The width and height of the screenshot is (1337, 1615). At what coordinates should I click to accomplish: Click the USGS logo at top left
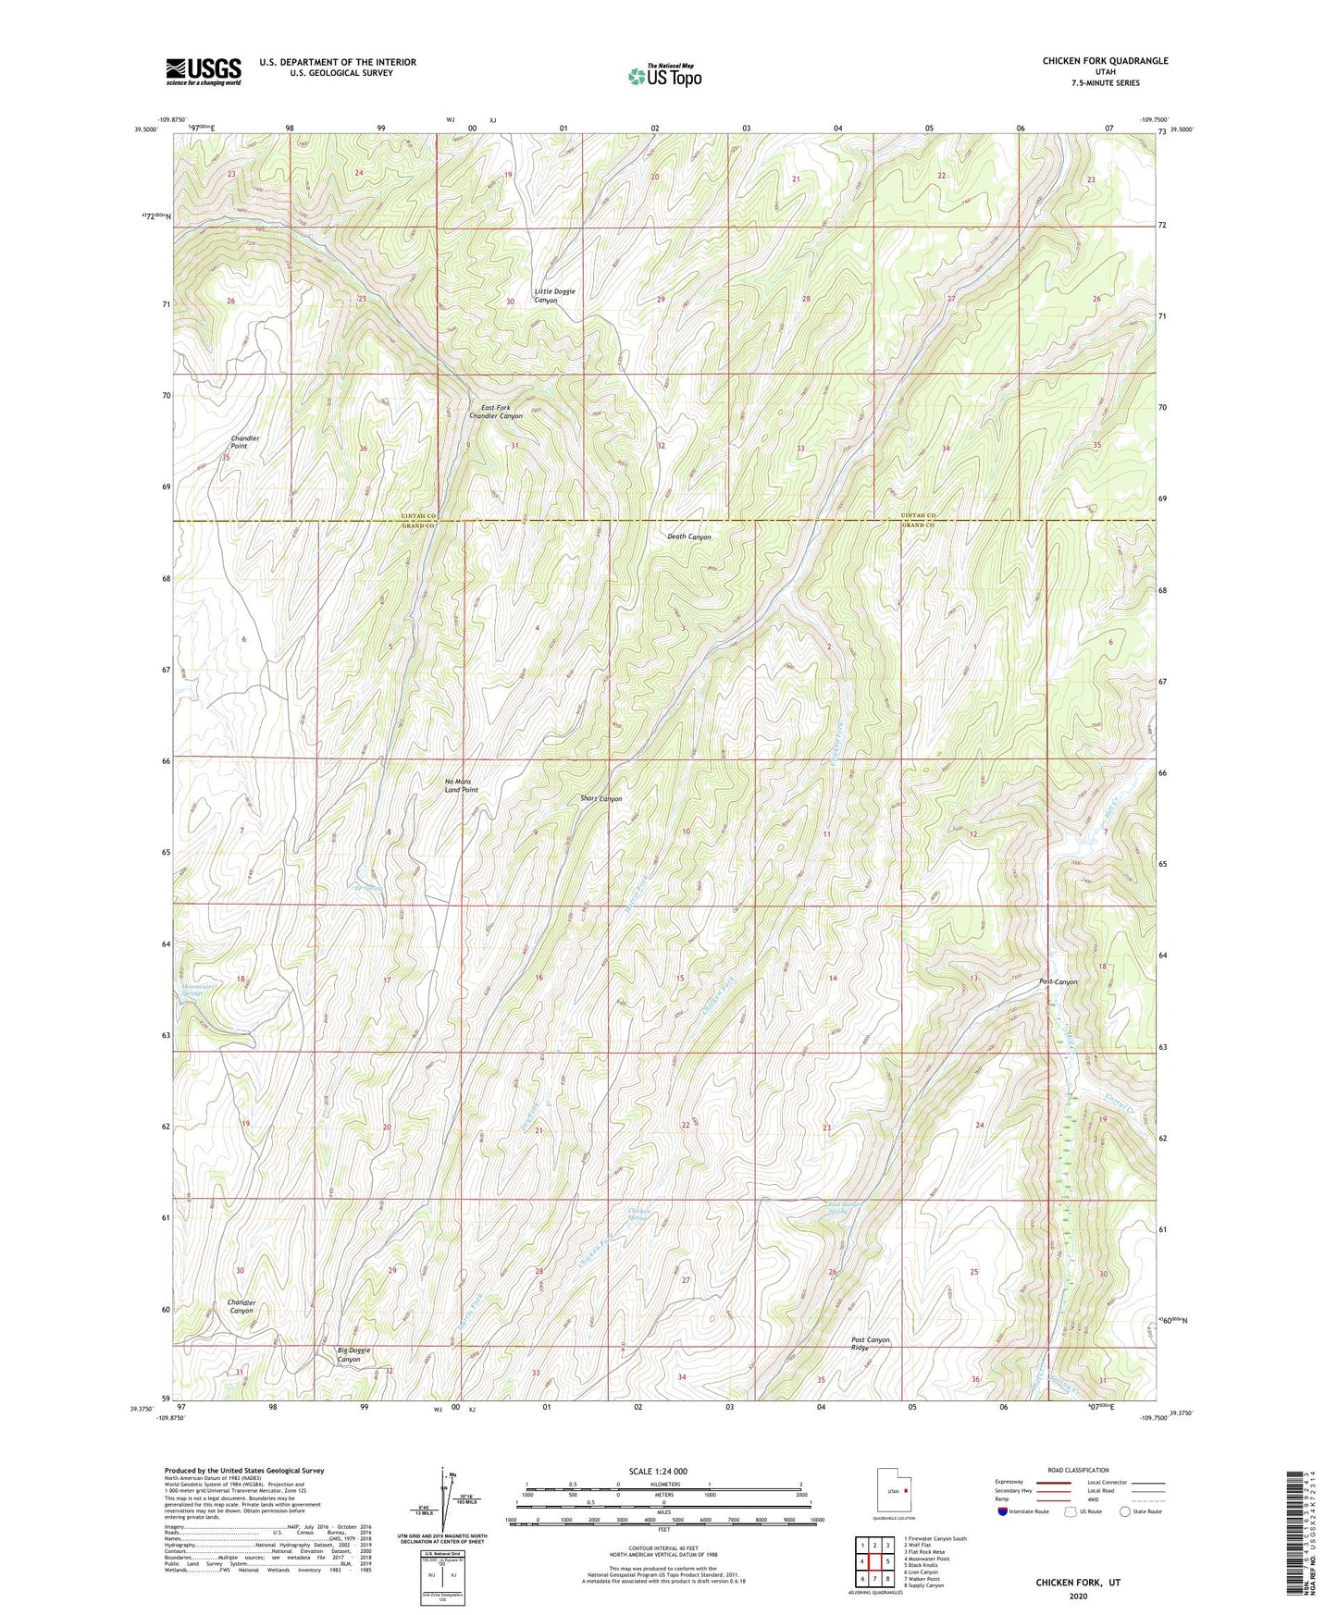(203, 70)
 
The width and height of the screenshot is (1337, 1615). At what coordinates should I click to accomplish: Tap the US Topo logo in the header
(664, 76)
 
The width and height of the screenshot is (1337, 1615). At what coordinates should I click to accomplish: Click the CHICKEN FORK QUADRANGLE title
(1105, 61)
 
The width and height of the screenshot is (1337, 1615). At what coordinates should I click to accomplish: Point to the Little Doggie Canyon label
(554, 296)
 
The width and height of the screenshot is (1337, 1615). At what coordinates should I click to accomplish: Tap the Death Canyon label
(689, 536)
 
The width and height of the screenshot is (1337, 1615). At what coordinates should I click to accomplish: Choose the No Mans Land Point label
(461, 785)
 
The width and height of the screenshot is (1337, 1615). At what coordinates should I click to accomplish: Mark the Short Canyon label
(600, 798)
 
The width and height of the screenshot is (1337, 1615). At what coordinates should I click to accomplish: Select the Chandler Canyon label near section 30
(241, 1306)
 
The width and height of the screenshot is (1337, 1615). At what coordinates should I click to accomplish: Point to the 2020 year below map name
(1078, 1596)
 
